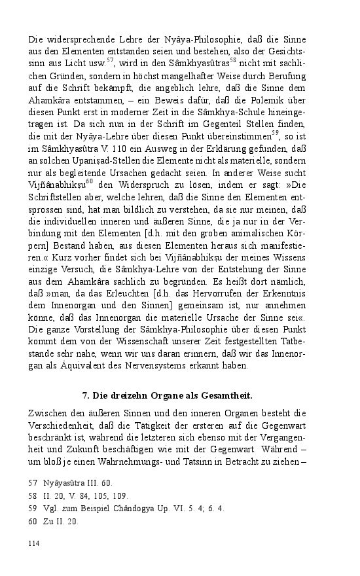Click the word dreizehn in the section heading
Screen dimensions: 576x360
tap(126, 397)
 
